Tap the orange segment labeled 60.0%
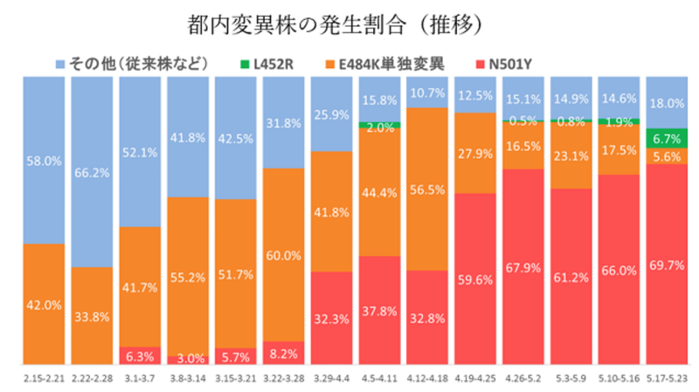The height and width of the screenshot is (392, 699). pyautogui.click(x=283, y=256)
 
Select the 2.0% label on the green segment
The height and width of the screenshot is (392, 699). pyautogui.click(x=378, y=127)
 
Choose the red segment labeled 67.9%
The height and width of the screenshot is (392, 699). pyautogui.click(x=523, y=267)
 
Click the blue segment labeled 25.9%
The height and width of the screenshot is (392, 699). pyautogui.click(x=330, y=113)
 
